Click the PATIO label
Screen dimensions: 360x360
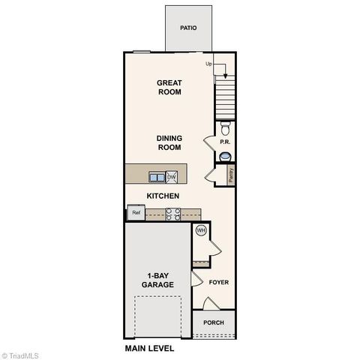coord(188,28)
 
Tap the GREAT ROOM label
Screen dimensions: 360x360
coord(169,87)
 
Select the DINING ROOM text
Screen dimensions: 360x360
coord(169,142)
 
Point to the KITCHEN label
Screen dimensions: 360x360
coord(162,196)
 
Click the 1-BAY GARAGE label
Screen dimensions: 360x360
coord(158,280)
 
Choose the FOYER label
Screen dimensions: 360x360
coord(218,283)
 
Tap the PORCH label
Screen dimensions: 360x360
coord(214,322)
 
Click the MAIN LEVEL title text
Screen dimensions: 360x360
coord(149,349)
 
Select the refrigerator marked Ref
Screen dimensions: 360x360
coord(136,213)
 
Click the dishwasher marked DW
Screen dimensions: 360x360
coord(172,177)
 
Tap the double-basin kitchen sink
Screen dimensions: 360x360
coord(157,177)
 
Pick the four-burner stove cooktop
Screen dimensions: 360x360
coord(172,214)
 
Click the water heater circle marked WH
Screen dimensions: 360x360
coord(201,231)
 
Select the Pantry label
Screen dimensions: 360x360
coord(231,175)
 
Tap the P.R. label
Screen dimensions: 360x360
coord(223,142)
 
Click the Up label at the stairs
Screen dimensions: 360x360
coord(210,64)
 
